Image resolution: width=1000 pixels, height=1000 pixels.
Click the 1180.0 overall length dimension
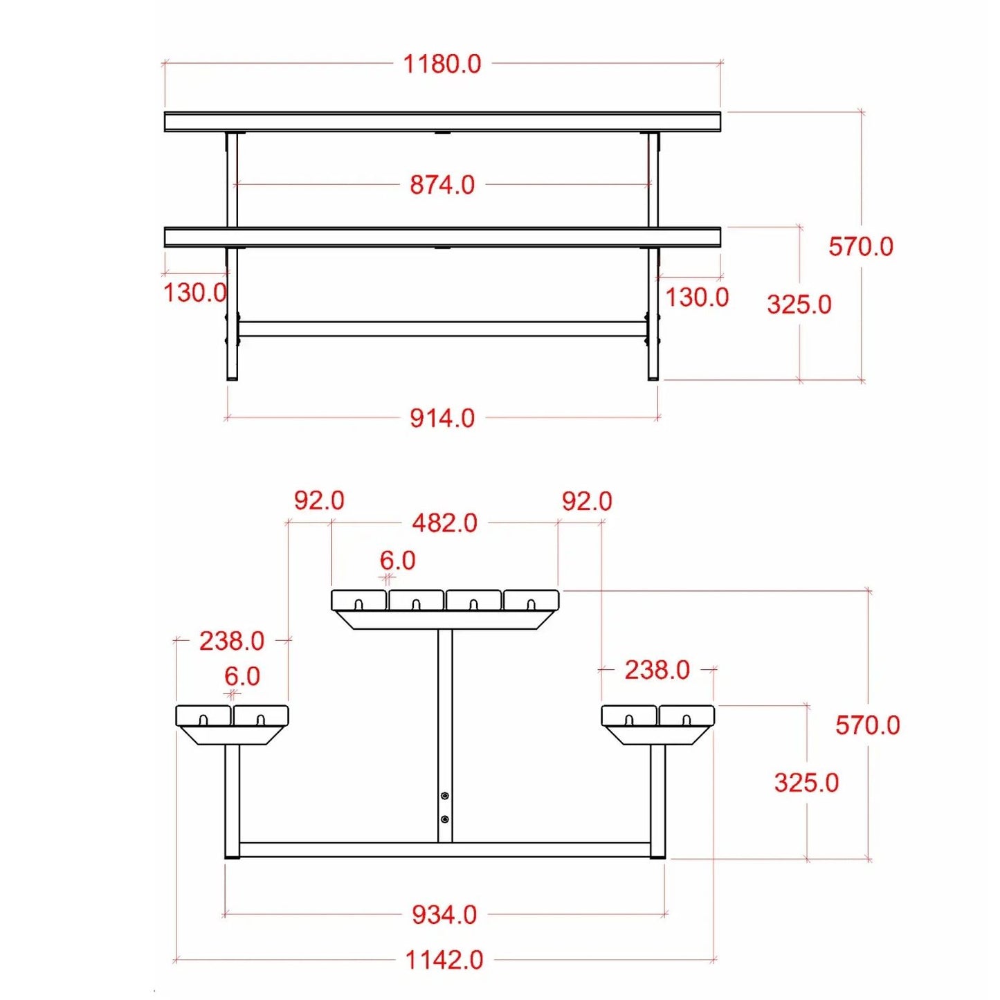pos(442,64)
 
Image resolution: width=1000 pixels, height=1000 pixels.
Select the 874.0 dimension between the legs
pos(442,185)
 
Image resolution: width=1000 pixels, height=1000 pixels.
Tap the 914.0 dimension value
pos(442,418)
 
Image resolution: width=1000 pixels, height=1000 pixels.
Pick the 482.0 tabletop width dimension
pos(445,523)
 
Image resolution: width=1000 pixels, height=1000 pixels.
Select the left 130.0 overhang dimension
pos(195,293)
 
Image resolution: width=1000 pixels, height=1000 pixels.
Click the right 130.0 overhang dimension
pos(697,298)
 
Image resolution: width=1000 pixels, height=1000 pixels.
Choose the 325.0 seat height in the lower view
pos(806,797)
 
